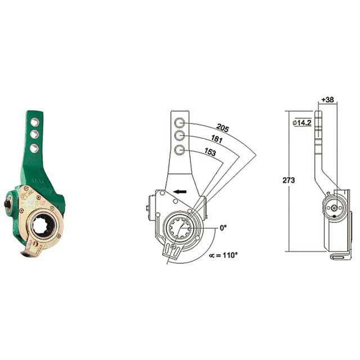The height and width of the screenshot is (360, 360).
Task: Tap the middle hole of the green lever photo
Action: click(x=35, y=133)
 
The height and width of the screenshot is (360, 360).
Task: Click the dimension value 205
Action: click(x=222, y=128)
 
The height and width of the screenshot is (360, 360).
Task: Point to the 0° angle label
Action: click(x=223, y=228)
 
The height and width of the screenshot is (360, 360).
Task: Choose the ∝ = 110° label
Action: click(x=224, y=255)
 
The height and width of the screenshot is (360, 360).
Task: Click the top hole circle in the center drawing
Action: click(x=179, y=123)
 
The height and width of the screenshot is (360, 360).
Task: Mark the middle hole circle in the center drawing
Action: click(x=179, y=136)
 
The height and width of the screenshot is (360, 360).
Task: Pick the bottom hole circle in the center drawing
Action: click(x=179, y=150)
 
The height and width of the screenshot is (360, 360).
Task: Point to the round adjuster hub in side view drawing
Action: click(x=335, y=208)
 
